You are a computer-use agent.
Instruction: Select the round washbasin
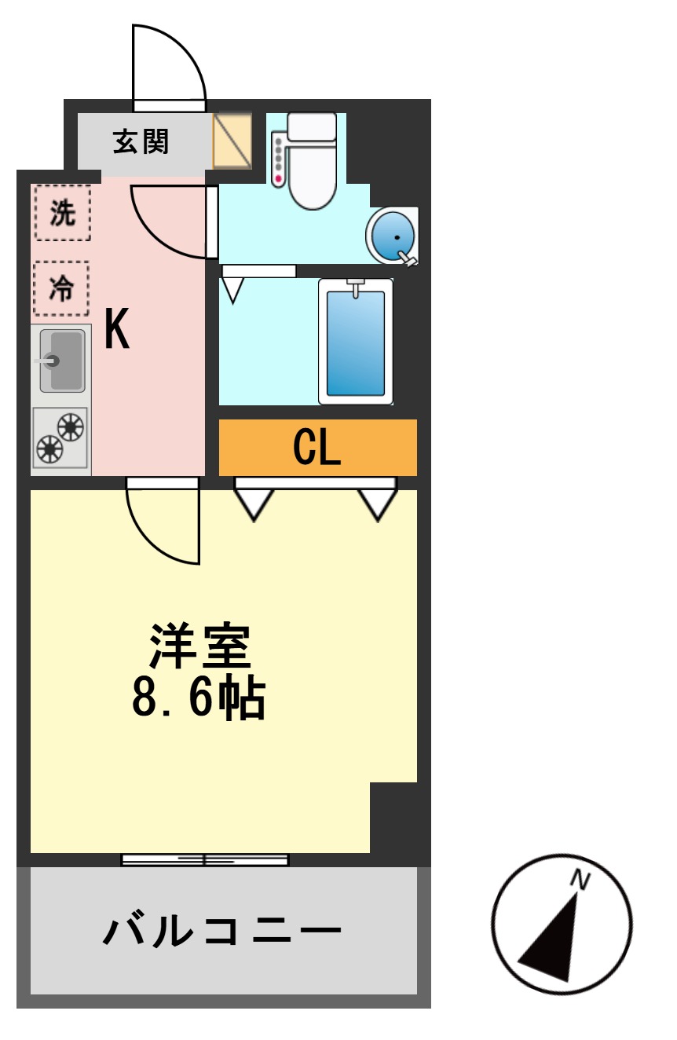(x=392, y=236)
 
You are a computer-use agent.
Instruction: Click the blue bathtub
(x=356, y=342)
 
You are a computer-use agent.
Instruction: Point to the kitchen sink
(x=62, y=361)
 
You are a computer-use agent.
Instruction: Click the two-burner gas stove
(x=61, y=439)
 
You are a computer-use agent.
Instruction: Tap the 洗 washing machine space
(x=62, y=213)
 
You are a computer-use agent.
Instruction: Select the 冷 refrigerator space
(x=61, y=288)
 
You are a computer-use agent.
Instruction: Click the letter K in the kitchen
(x=117, y=330)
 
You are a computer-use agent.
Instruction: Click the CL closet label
(x=317, y=448)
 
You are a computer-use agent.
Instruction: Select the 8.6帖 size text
(x=198, y=697)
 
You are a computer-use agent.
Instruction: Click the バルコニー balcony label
(x=222, y=932)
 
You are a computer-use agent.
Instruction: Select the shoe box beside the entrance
(x=232, y=141)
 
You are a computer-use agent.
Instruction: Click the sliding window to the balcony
(x=204, y=859)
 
